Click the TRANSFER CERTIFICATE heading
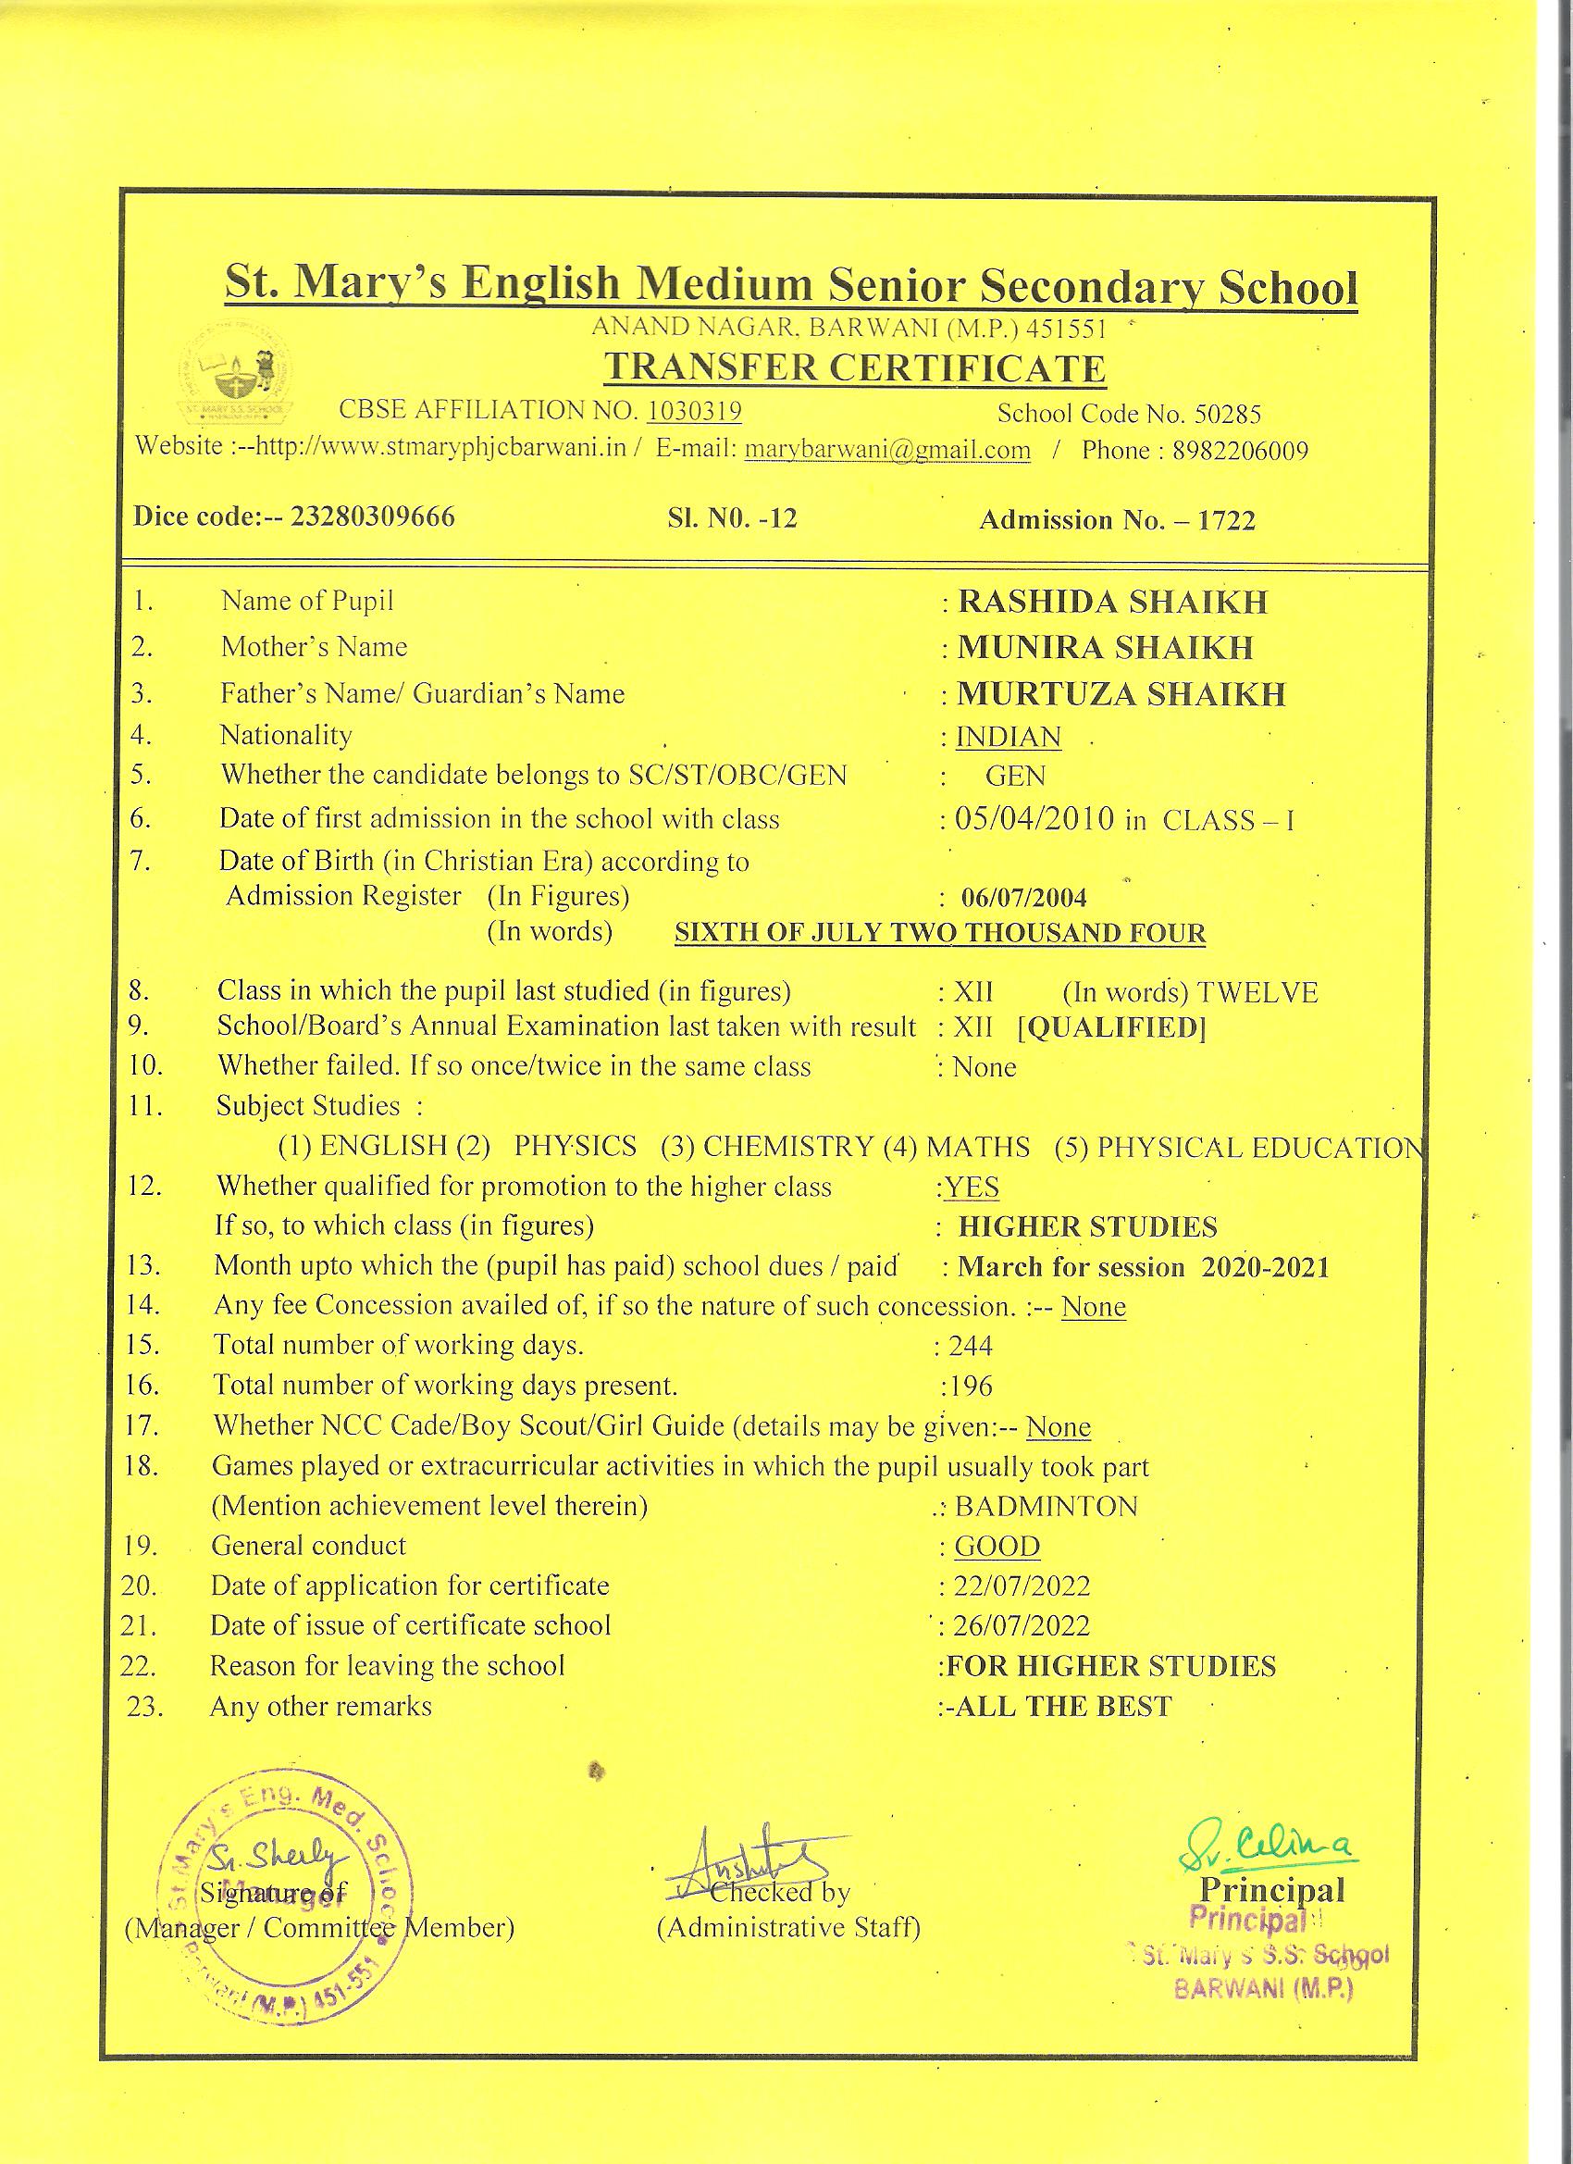coord(856,367)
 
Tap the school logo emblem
coord(237,378)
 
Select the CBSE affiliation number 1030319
coord(695,411)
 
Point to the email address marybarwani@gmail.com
coord(887,451)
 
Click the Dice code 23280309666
coord(372,517)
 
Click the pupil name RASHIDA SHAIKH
coord(1112,602)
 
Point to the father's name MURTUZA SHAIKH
coord(1121,693)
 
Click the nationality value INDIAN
coord(1009,738)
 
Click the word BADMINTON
coord(1047,1507)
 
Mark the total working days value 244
coord(970,1347)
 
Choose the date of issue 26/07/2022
coord(1022,1626)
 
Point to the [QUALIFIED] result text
coord(1112,1027)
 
